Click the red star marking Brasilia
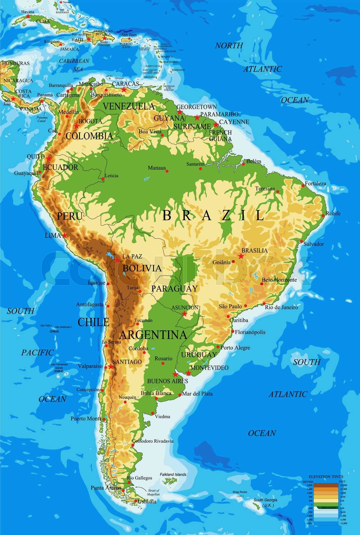(241, 256)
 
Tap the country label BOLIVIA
(142, 268)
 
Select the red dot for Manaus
(167, 171)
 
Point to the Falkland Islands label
(173, 474)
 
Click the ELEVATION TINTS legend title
(326, 476)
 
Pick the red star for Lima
(65, 235)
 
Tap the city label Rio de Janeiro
(281, 307)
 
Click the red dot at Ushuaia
(136, 501)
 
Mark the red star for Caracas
(124, 90)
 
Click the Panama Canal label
(42, 119)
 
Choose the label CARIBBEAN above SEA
(74, 61)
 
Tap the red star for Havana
(28, 16)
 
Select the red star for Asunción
(184, 314)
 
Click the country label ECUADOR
(61, 167)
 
